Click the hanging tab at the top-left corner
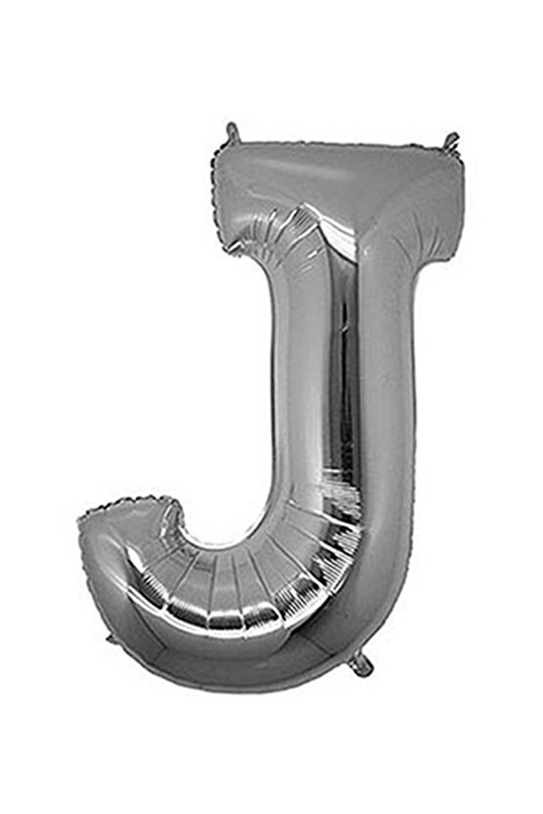(232, 130)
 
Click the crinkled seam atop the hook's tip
(127, 510)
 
